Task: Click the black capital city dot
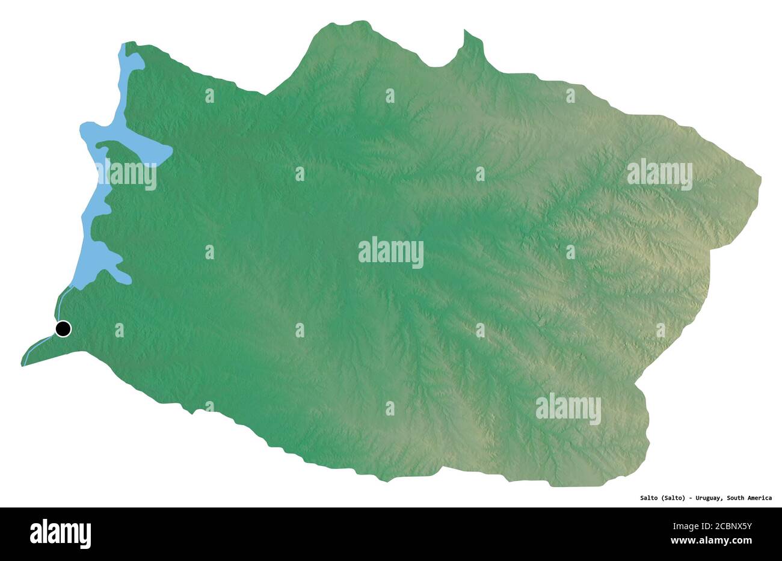point(63,329)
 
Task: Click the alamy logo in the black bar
point(60,534)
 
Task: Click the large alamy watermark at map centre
point(390,253)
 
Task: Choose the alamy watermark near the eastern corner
point(659,174)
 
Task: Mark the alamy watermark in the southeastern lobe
point(568,409)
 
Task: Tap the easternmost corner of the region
point(759,178)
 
